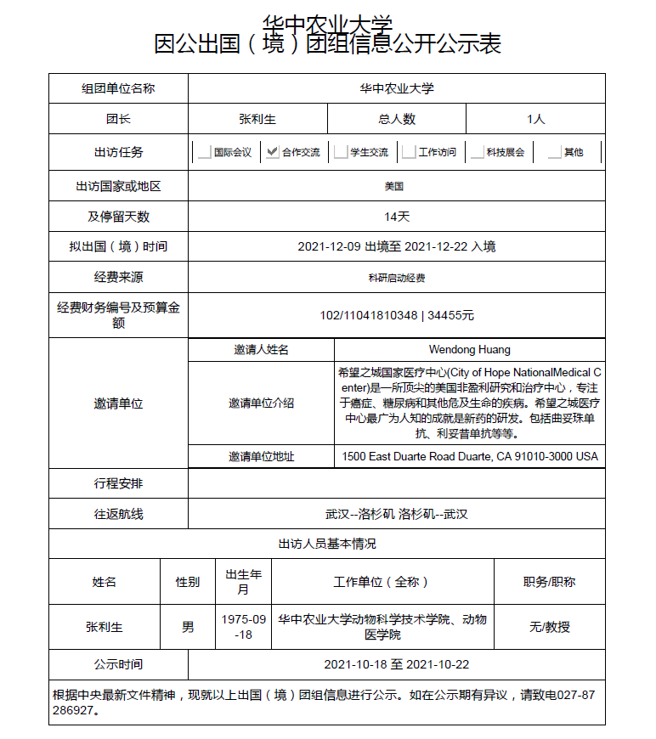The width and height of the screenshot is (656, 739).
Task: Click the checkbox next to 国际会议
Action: coord(204,153)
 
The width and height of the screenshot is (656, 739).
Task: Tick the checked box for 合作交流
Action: coord(272,153)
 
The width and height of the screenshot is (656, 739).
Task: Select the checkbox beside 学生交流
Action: coord(341,153)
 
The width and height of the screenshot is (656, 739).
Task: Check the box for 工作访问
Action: coord(409,153)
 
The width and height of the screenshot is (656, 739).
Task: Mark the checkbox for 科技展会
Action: coord(477,153)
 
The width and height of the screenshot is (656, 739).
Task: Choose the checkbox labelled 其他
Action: coord(554,153)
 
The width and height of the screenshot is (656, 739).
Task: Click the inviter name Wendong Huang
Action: coord(469,349)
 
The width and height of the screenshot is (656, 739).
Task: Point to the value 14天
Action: coord(397,217)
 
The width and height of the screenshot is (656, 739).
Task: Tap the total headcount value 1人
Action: coord(535,119)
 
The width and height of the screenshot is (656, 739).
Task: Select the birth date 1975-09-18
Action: coord(243,627)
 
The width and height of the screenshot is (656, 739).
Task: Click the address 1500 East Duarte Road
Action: coord(469,456)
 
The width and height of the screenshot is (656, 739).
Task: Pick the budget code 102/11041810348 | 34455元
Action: coord(397,315)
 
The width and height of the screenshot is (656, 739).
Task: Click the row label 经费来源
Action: coord(118,278)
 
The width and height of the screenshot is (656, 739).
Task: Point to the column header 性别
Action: coord(188,582)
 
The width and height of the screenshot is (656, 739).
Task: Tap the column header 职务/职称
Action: coord(549,582)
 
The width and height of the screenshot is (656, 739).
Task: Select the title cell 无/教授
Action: coord(549,627)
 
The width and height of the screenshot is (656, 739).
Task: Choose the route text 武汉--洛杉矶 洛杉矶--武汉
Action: coord(397,514)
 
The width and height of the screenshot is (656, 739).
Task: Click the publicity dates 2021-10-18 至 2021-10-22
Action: coord(397,664)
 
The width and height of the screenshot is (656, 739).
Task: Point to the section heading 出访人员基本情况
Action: coord(327,544)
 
